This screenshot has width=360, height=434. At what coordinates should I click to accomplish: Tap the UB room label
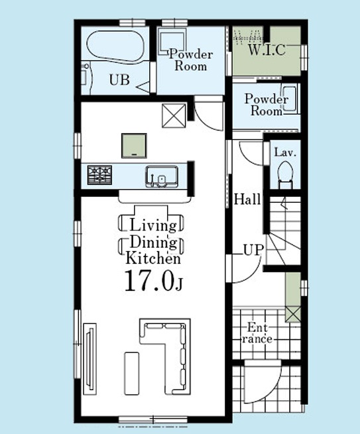[x=119, y=80]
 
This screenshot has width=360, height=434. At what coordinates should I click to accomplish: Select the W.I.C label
[x=267, y=50]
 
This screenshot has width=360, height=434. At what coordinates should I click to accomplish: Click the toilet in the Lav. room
[x=285, y=174]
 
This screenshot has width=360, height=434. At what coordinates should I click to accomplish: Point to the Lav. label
[x=285, y=152]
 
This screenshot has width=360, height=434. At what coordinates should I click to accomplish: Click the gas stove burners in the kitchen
[x=99, y=175]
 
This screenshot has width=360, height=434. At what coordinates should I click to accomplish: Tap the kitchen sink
[x=162, y=177]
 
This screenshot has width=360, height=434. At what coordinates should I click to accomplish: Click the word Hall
[x=247, y=199]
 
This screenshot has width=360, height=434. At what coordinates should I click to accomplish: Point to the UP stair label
[x=253, y=250]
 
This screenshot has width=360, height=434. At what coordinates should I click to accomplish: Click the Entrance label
[x=257, y=333]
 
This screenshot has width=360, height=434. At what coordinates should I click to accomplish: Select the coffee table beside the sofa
[x=131, y=374]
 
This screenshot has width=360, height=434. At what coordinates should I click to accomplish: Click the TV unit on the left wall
[x=90, y=359]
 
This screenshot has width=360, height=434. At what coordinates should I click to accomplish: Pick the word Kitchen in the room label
[x=153, y=258]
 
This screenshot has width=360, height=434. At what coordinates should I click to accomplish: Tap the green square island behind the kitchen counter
[x=134, y=146]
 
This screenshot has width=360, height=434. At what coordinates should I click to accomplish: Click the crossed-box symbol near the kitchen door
[x=174, y=116]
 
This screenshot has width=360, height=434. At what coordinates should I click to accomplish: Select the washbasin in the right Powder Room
[x=290, y=99]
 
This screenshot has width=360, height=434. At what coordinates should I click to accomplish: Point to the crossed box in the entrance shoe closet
[x=293, y=314]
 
